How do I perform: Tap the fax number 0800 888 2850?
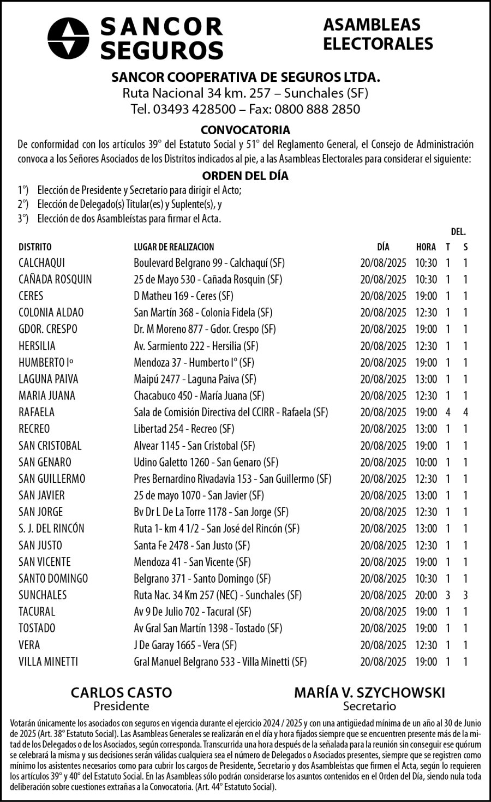click(x=318, y=109)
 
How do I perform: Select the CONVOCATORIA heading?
click(x=245, y=130)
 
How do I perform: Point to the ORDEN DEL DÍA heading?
click(x=245, y=176)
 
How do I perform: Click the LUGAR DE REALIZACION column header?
click(x=174, y=247)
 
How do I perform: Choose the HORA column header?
click(x=426, y=247)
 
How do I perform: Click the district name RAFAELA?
click(x=37, y=412)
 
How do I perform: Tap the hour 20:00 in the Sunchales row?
click(x=426, y=595)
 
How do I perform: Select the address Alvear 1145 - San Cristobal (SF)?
click(x=194, y=446)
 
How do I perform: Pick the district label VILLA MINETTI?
click(x=48, y=662)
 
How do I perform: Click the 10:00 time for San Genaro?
click(x=426, y=463)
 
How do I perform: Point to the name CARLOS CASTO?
click(x=121, y=693)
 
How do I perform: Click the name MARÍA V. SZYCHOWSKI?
click(x=369, y=693)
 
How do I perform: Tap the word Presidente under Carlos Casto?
click(x=121, y=707)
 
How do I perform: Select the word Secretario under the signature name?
click(x=369, y=707)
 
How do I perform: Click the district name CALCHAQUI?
click(x=41, y=263)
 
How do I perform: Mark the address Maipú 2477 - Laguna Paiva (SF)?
click(x=195, y=379)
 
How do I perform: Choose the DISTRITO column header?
click(x=35, y=247)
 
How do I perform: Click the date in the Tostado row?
click(x=383, y=629)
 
